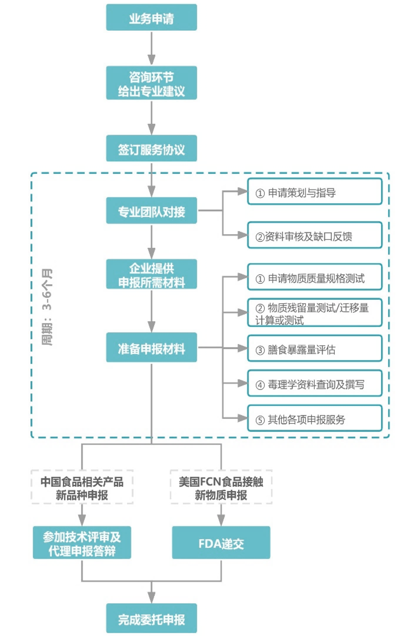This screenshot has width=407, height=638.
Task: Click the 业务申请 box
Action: coord(151,18)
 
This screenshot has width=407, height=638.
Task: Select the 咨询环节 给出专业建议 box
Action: coord(151,83)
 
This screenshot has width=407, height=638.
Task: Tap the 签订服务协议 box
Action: coord(151,148)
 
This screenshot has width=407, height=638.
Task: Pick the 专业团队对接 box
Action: coord(151,211)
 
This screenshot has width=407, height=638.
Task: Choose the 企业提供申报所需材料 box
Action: coord(151,274)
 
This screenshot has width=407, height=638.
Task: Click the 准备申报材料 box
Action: coord(151,348)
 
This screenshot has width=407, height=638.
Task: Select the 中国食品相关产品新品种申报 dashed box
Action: coord(82,487)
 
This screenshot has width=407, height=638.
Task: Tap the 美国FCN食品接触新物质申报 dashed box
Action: coord(221,487)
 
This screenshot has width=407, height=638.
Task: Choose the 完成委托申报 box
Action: coord(151,618)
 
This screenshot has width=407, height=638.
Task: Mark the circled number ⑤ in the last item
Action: coord(260,420)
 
